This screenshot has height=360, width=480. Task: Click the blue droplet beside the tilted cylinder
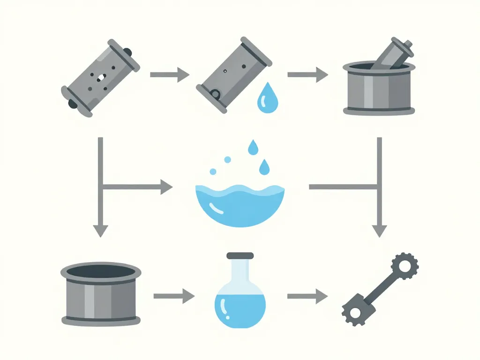click(265, 98)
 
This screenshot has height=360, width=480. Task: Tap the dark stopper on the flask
click(240, 256)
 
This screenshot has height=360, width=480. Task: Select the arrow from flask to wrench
click(307, 296)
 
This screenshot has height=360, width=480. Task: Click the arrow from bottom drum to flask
click(173, 296)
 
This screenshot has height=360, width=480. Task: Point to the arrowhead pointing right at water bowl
click(166, 187)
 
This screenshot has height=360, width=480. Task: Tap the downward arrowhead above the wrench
click(379, 230)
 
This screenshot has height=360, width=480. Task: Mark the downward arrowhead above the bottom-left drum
click(100, 230)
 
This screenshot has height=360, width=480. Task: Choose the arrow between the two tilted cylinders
click(169, 74)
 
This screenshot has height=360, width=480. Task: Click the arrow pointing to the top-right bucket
click(307, 74)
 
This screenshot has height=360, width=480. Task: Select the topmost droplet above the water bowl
click(253, 148)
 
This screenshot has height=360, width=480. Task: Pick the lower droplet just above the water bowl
click(265, 166)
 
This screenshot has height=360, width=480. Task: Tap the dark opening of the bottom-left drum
click(101, 271)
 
